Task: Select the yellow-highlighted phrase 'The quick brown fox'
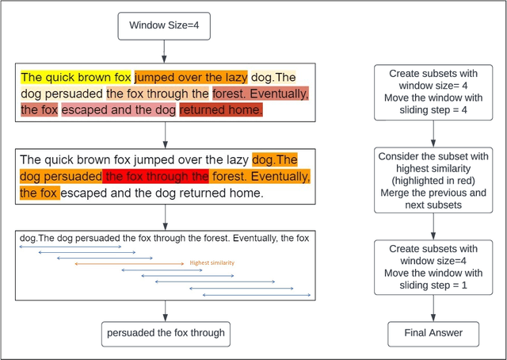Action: (76, 78)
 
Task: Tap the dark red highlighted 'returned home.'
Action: (220, 110)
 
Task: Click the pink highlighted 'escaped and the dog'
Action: (119, 110)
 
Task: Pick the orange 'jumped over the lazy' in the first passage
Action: (190, 78)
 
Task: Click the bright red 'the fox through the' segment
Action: (156, 176)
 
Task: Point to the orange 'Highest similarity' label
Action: (212, 262)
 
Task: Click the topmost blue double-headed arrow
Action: (70, 247)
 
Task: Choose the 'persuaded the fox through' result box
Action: (166, 333)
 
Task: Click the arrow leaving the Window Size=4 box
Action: (163, 51)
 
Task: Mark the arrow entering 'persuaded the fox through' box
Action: (163, 311)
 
